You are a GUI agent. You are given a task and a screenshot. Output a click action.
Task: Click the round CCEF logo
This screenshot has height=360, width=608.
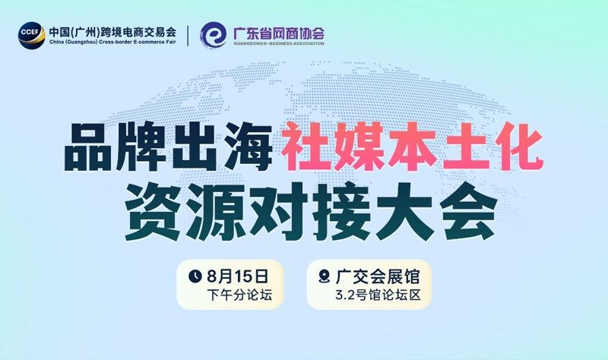click(x=31, y=35)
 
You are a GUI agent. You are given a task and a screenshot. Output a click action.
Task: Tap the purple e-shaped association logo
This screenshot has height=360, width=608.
click(x=214, y=35)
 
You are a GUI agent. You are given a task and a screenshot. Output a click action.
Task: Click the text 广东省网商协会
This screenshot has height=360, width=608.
click(x=278, y=33)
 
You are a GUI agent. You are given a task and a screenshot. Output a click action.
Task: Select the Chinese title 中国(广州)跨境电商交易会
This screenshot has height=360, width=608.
click(x=112, y=32)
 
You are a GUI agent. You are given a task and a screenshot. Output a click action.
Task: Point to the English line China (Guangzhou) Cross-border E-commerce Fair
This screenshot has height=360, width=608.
click(x=112, y=42)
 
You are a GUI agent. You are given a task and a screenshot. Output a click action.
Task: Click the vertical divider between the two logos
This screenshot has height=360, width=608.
click(x=188, y=36)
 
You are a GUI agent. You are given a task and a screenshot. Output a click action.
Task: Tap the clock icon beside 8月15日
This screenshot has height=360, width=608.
click(x=195, y=276)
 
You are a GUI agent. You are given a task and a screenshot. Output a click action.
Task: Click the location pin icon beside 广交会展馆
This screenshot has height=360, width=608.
click(x=324, y=276)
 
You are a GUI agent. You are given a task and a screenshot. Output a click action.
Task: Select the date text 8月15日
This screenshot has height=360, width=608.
click(x=237, y=276)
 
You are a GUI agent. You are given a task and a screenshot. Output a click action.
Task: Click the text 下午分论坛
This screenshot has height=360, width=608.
click(x=239, y=295)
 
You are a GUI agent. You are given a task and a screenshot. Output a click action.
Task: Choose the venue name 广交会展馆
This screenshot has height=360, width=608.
click(x=378, y=276)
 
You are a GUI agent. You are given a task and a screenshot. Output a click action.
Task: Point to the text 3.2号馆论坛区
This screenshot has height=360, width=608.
click(x=378, y=295)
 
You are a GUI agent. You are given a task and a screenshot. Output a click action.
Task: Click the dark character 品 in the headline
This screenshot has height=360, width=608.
click(x=87, y=147)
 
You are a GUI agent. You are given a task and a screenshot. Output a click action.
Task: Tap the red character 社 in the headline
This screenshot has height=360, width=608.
click(x=306, y=147)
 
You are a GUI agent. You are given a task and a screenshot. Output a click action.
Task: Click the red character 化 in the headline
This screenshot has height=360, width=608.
click(x=519, y=147)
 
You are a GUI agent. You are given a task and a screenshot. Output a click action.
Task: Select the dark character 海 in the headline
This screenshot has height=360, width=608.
click(x=249, y=147)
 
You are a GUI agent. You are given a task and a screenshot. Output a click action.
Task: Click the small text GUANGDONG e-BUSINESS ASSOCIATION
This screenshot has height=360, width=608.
click(x=278, y=43)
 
